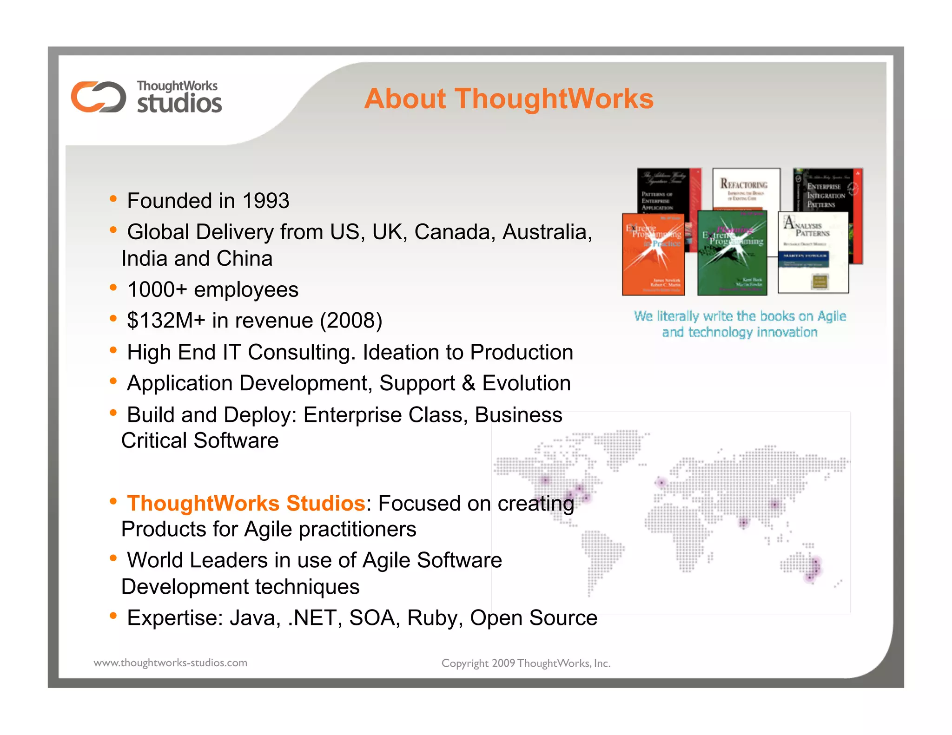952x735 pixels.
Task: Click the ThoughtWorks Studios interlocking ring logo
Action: click(98, 97)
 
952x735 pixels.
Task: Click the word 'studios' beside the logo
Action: click(179, 103)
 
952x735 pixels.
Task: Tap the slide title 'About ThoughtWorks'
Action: click(509, 98)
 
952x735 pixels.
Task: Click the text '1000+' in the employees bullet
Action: click(157, 289)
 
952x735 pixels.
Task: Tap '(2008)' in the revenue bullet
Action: click(351, 321)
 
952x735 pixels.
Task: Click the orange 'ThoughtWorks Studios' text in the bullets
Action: click(246, 503)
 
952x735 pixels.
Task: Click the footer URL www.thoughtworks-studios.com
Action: click(171, 663)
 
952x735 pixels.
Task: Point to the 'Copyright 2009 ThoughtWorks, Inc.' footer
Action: click(526, 663)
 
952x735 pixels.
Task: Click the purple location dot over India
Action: click(743, 523)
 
